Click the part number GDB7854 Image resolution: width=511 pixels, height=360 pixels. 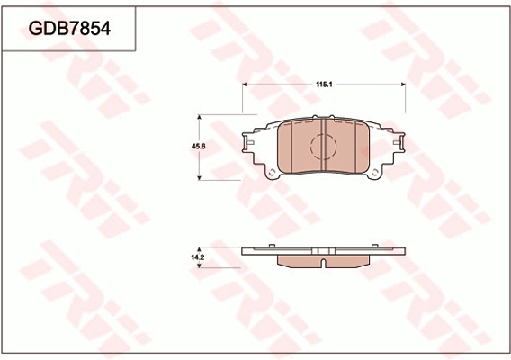pos(69,29)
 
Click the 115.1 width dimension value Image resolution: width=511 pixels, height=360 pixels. pos(325,85)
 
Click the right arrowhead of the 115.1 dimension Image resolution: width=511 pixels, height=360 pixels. pos(402,85)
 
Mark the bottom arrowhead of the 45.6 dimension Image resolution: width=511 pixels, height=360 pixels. pos(200,178)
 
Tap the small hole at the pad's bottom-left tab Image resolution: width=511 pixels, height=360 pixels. pos(270,173)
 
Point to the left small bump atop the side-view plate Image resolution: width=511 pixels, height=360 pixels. pos(269,246)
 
